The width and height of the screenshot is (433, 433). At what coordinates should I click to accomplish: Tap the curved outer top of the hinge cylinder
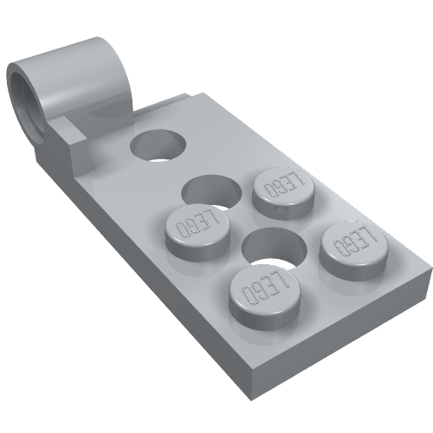tap(82, 52)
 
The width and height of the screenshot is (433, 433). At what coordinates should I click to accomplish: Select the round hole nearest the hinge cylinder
tap(159, 144)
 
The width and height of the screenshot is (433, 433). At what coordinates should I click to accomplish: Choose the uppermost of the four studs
tap(284, 190)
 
